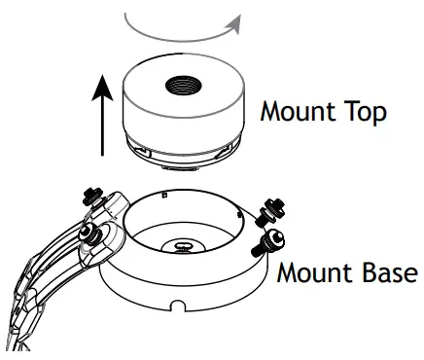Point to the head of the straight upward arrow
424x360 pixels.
tap(102, 86)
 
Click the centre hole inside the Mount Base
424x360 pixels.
tap(183, 245)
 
